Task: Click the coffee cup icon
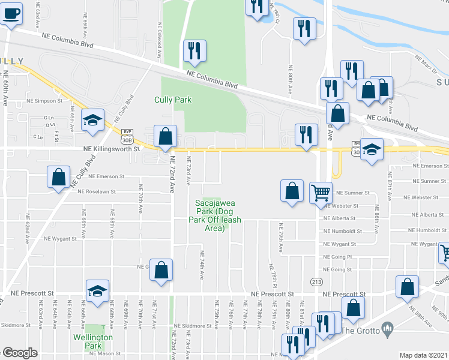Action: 11,13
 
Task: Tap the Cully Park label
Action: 173,100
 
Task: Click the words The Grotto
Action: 360,331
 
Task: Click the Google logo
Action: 20,352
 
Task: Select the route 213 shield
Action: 316,281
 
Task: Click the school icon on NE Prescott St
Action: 97,291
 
